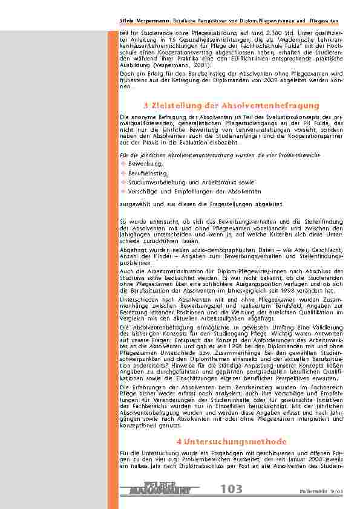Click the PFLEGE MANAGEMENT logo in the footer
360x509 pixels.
(x=160, y=488)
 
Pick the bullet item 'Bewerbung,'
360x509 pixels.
(x=146, y=163)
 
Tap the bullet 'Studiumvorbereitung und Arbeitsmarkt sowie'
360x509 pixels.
(x=191, y=182)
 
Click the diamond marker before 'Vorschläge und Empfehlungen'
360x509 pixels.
(x=123, y=191)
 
